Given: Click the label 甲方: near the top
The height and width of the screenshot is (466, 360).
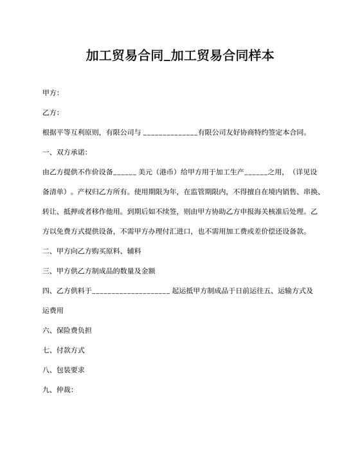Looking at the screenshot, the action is pos(51,93).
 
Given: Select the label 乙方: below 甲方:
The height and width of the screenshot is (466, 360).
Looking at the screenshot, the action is pos(51,113).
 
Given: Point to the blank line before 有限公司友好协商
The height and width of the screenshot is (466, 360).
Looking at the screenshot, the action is pos(170,133).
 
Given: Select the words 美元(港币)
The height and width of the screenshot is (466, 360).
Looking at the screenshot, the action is pos(159,172).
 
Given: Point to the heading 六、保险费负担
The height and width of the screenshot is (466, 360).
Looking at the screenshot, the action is pos(67,330).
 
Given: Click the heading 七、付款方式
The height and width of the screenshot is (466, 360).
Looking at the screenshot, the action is pos(64,350).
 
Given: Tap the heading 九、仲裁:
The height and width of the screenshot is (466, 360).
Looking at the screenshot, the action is pos(58,390).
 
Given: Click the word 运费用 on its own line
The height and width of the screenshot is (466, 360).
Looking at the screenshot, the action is pos(53,310).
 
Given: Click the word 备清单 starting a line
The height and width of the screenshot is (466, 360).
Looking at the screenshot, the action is pos(53,192).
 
